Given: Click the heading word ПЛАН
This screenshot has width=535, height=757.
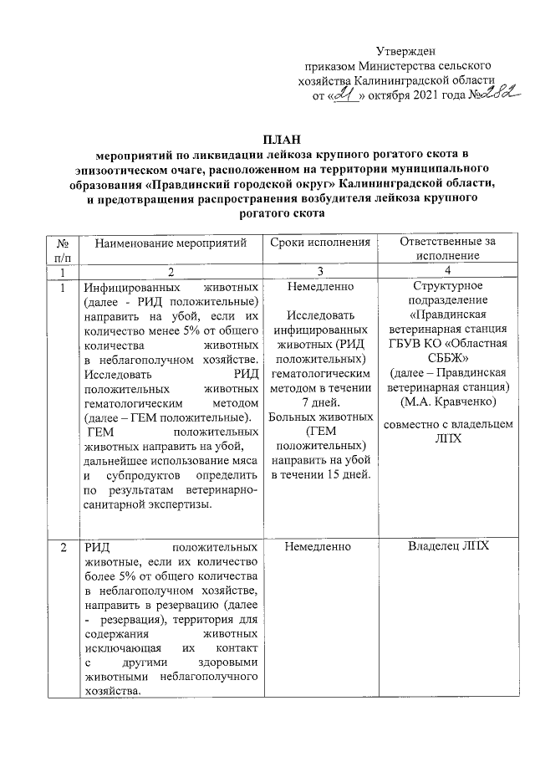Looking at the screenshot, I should pos(278,138).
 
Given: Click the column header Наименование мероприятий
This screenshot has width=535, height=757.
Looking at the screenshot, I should pos(171,243).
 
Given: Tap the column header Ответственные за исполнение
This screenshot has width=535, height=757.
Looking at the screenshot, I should pos(447,248).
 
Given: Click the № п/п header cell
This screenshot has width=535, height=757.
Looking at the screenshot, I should pos(62,248).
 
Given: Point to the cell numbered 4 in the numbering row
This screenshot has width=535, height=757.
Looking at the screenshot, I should pos(447,272).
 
